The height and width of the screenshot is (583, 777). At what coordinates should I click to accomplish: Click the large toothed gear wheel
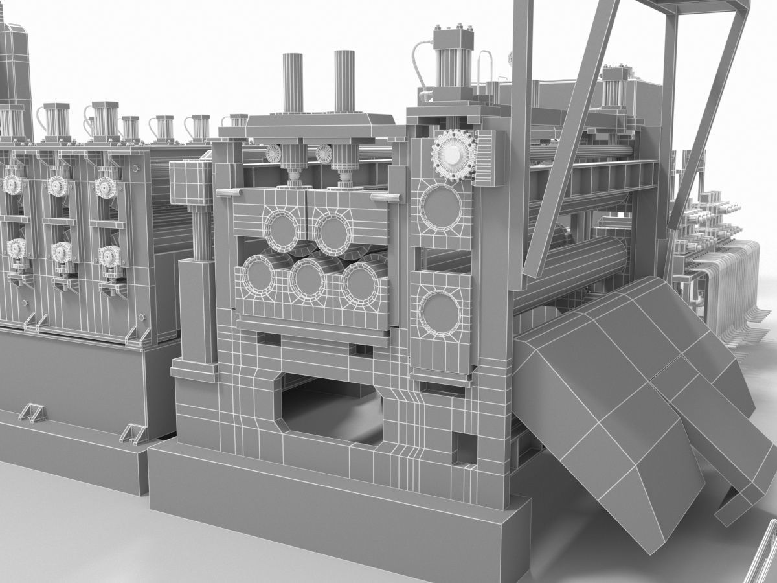[453, 151]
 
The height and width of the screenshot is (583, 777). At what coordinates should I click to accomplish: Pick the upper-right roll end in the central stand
[333, 232]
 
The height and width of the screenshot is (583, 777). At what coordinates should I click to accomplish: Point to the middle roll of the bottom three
[308, 279]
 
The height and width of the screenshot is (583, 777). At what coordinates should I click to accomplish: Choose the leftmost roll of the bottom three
[259, 275]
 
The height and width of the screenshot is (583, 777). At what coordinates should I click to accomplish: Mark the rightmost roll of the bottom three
[360, 284]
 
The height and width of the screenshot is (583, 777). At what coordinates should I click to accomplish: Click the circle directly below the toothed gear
[441, 207]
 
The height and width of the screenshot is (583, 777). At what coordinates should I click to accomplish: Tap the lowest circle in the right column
[440, 313]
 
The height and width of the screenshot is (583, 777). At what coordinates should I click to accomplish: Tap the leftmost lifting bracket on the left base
[32, 412]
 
